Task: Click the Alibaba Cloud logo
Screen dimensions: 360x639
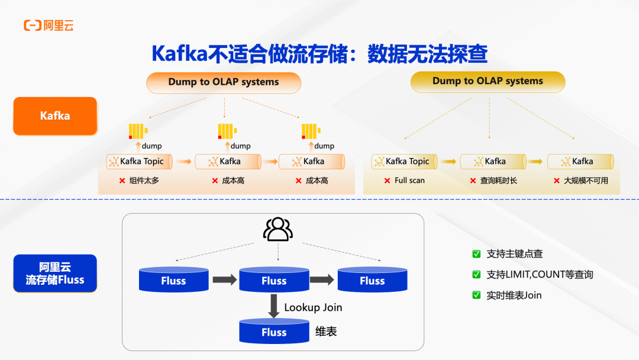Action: (49, 25)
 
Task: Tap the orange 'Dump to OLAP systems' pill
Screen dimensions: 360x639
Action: (223, 82)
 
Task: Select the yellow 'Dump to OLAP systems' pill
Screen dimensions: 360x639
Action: (488, 81)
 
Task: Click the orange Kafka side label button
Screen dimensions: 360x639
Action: (55, 115)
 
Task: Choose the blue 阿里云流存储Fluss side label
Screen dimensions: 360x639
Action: (55, 274)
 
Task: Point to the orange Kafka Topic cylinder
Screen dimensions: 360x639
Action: (140, 161)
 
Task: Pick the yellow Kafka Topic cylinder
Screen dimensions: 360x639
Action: (405, 161)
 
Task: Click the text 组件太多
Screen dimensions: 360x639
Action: (144, 181)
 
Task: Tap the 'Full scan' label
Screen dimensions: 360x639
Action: (409, 181)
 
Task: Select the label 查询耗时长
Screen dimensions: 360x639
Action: (498, 181)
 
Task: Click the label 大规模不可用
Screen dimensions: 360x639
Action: (586, 181)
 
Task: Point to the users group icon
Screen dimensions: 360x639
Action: (277, 229)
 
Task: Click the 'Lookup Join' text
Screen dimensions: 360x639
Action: (313, 307)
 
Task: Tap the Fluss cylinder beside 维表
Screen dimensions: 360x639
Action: (274, 332)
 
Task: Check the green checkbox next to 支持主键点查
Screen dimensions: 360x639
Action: (476, 254)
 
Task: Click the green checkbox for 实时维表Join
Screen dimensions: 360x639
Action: (476, 295)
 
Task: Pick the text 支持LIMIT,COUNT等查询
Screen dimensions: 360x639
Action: (540, 275)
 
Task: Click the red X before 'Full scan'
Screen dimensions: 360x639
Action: (387, 181)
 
